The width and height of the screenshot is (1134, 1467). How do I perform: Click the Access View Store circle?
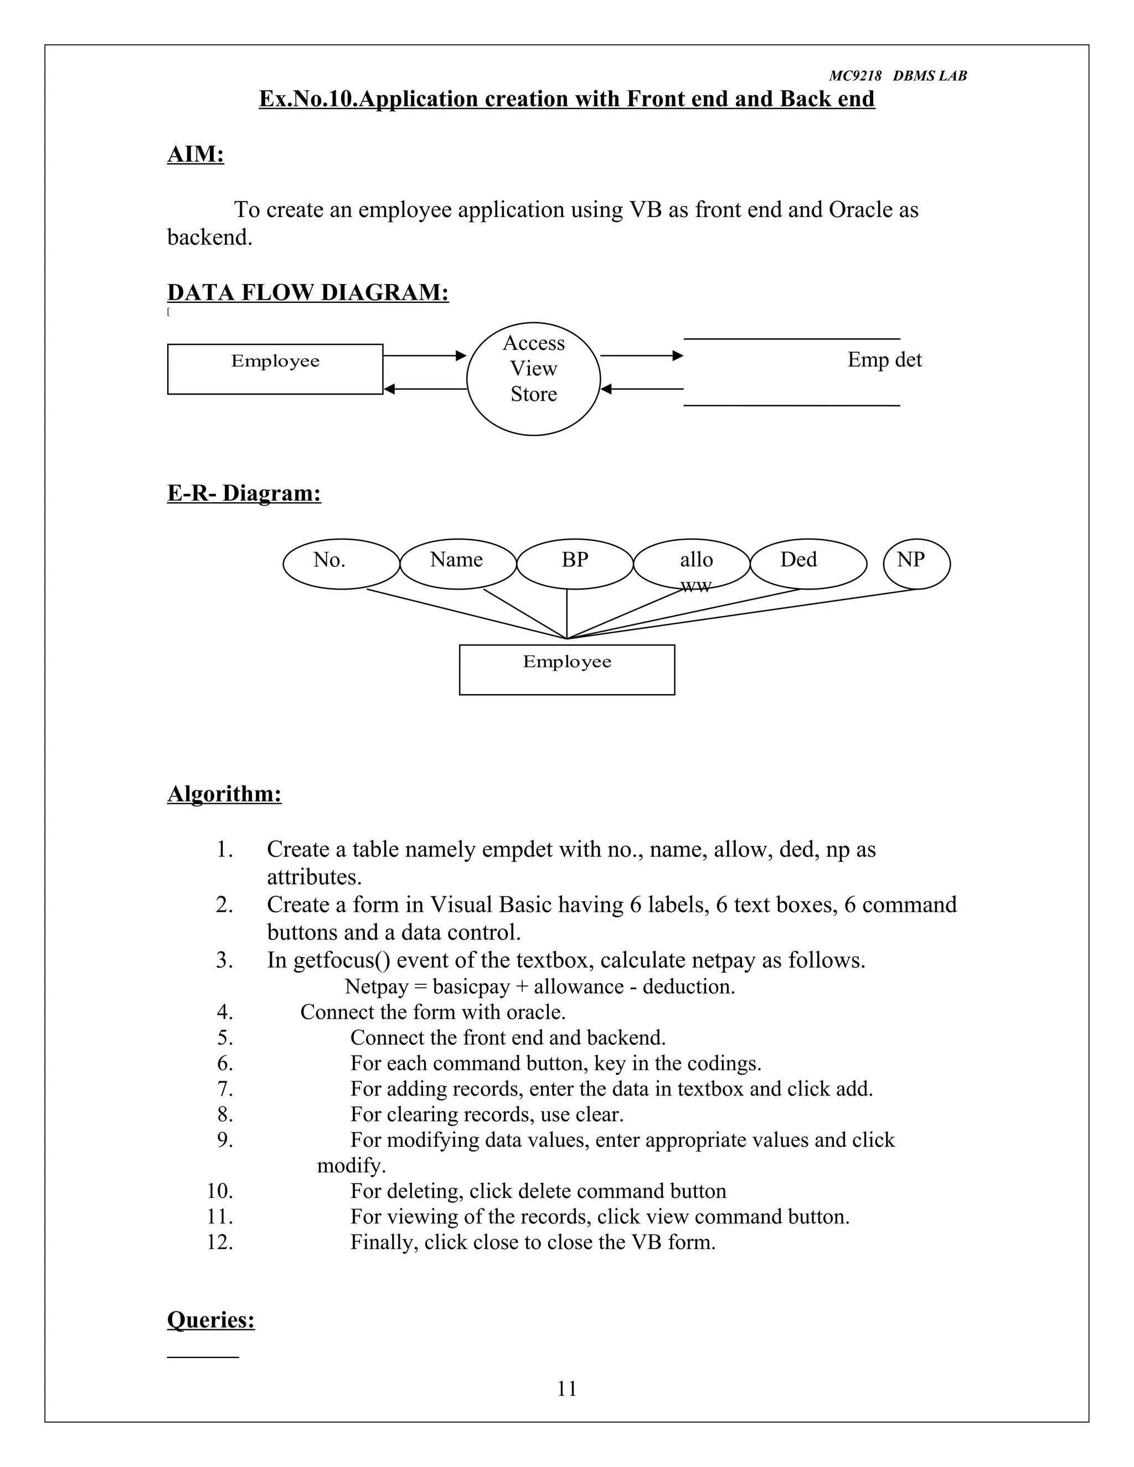[x=533, y=379]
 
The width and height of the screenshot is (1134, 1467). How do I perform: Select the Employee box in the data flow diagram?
[x=275, y=369]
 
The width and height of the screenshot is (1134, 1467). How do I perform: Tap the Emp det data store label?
[x=884, y=360]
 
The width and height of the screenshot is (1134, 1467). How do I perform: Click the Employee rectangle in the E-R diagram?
[x=566, y=670]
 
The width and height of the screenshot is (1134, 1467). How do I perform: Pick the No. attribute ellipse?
[x=341, y=564]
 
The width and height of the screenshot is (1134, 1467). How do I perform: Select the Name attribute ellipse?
[x=457, y=564]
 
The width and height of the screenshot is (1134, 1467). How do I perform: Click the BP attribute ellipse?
[x=574, y=564]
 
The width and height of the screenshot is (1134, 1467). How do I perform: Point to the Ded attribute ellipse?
[x=808, y=564]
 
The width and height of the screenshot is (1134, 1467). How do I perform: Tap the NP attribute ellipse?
[x=916, y=564]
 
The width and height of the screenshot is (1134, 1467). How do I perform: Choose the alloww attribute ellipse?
[x=691, y=564]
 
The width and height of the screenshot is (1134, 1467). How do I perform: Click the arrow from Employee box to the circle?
[x=425, y=355]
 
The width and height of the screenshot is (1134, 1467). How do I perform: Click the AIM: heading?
[x=195, y=154]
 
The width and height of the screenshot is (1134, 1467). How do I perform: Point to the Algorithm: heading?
[x=224, y=793]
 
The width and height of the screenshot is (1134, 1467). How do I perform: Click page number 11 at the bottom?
[x=567, y=1388]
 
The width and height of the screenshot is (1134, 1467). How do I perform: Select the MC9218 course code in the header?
[x=854, y=76]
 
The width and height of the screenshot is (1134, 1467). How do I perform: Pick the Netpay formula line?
[x=539, y=986]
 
